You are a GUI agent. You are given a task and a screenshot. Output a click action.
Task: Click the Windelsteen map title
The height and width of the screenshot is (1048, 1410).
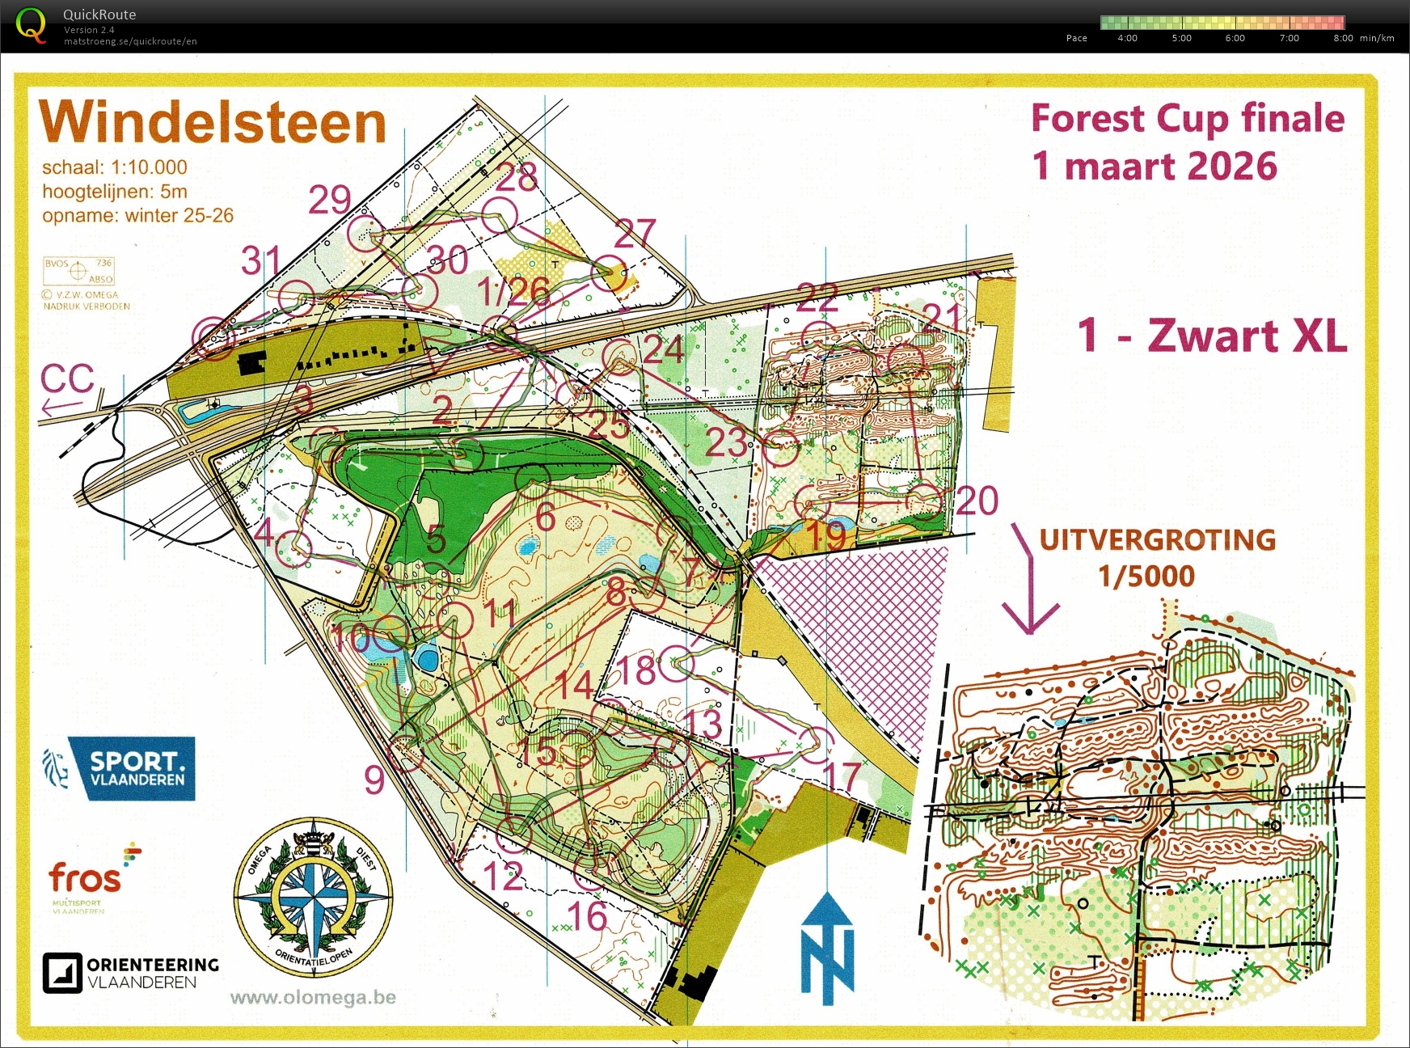click(213, 123)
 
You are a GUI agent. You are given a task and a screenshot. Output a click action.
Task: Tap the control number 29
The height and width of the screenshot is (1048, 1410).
click(330, 200)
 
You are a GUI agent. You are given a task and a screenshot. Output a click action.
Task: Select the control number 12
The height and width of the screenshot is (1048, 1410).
click(502, 877)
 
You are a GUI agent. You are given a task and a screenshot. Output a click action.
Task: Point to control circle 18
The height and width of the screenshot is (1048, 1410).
click(677, 665)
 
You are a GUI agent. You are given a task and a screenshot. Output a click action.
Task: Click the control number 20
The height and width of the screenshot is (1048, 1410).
click(977, 501)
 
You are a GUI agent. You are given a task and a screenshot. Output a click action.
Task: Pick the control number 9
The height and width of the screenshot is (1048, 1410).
click(374, 780)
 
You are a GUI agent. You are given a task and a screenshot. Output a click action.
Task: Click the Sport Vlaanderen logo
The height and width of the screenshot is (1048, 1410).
click(120, 768)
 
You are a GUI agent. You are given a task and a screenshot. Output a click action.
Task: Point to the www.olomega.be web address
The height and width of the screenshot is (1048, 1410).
click(313, 997)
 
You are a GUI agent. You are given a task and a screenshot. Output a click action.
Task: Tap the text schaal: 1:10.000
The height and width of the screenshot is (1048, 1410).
click(115, 167)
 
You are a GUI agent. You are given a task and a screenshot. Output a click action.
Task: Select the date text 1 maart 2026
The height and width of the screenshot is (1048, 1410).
click(1155, 166)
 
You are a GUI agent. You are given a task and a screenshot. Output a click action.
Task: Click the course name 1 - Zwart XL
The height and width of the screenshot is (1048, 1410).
click(1212, 335)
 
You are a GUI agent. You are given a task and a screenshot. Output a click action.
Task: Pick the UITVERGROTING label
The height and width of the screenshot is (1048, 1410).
click(1157, 539)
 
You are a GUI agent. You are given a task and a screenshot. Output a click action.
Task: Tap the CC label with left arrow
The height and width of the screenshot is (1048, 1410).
click(67, 387)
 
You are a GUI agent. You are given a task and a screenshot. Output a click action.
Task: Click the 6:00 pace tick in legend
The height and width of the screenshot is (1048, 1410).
click(1235, 38)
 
